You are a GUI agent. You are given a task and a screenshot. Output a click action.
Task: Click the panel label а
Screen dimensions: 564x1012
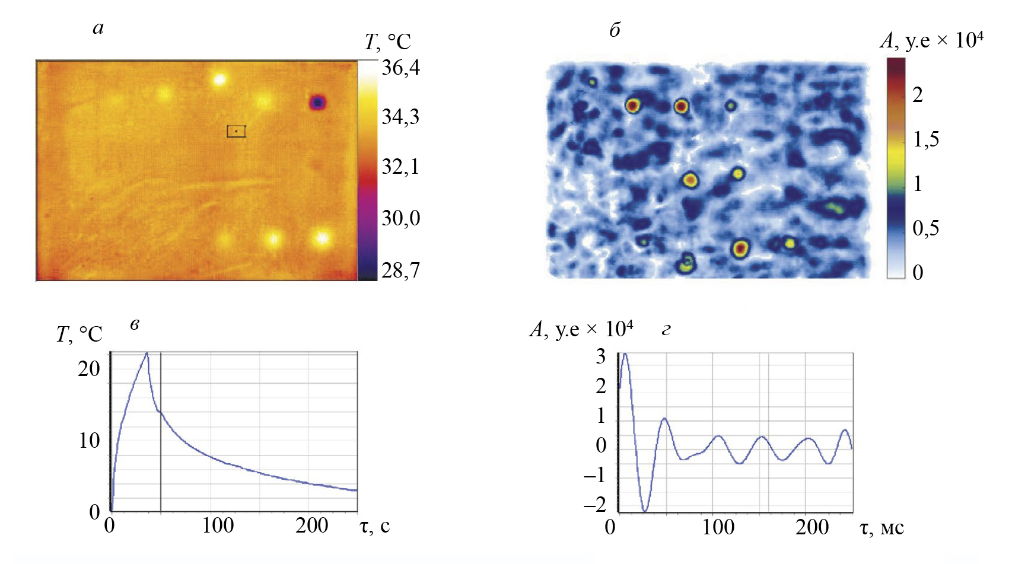click(98, 28)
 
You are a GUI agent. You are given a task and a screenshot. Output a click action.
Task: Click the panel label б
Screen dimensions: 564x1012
click(615, 30)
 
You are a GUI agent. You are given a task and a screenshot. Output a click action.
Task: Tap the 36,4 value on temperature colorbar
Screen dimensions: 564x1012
click(400, 68)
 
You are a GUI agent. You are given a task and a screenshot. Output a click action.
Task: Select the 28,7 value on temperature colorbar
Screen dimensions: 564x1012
click(400, 270)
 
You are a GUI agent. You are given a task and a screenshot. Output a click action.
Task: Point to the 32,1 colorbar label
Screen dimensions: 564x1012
click(400, 167)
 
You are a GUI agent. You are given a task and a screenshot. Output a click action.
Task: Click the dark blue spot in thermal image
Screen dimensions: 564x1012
click(318, 103)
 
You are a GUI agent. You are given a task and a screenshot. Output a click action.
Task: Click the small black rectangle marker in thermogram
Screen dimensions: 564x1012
click(236, 131)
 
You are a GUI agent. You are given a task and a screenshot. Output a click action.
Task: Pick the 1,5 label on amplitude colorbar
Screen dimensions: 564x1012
click(926, 139)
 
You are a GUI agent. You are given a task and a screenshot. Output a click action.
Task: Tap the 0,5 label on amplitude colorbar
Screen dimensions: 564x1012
click(926, 228)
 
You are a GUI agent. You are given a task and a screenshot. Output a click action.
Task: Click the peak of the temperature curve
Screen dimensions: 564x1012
click(147, 353)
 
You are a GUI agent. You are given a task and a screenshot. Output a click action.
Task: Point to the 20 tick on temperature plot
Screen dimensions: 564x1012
click(89, 369)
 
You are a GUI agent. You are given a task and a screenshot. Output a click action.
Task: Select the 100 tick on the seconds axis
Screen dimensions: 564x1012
click(218, 526)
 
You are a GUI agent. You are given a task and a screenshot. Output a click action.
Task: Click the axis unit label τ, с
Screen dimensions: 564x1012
click(375, 526)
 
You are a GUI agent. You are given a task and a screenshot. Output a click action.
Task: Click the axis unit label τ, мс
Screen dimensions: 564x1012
click(881, 527)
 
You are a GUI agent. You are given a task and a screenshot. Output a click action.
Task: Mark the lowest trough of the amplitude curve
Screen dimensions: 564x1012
click(645, 511)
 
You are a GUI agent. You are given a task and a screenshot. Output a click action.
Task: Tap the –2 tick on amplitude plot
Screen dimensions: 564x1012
click(595, 505)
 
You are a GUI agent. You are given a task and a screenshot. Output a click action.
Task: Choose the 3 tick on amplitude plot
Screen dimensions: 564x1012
click(601, 356)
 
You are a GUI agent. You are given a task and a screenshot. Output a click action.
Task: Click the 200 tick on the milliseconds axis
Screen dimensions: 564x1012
click(811, 527)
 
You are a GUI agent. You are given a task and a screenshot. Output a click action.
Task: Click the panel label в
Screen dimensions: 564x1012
click(135, 324)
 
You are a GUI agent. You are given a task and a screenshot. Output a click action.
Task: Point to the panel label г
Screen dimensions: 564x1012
click(666, 330)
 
